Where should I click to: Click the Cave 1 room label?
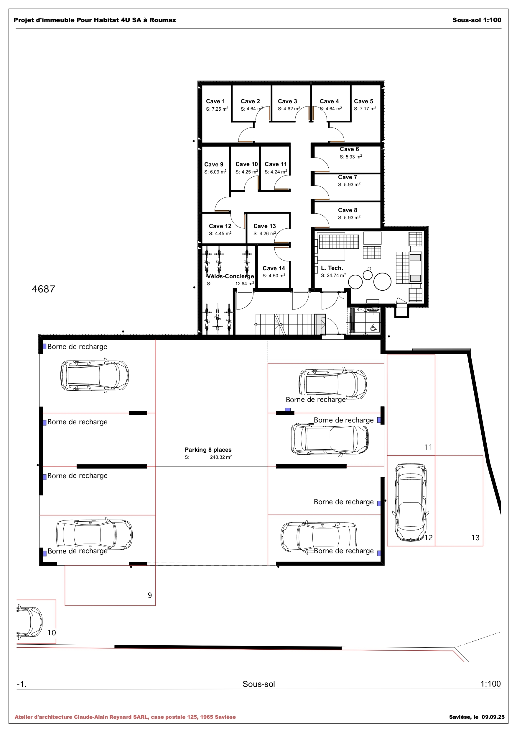tap(215, 101)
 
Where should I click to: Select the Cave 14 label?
tap(274, 268)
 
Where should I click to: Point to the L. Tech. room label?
tap(332, 268)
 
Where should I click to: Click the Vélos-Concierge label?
tap(230, 276)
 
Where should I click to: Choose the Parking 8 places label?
tap(208, 450)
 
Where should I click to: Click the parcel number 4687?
tap(44, 289)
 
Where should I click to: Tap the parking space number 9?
tap(150, 595)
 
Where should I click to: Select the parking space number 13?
tap(475, 538)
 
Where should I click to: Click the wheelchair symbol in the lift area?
tap(373, 327)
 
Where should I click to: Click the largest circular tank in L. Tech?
tap(382, 281)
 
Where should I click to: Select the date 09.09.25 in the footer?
tap(493, 717)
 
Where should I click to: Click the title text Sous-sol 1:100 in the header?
tap(477, 20)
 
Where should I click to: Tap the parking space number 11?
tap(428, 447)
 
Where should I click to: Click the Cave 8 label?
tap(347, 210)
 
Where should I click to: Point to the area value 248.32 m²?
tap(220, 457)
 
